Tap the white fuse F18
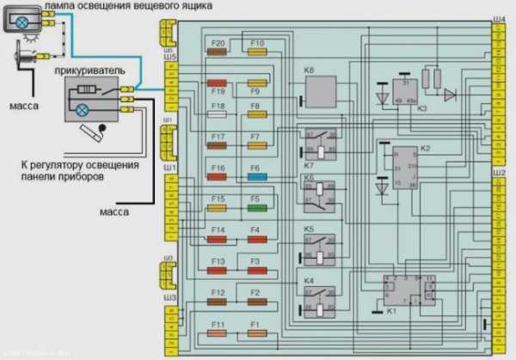tap(218, 113)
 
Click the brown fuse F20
tap(218, 52)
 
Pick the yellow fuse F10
tap(257, 52)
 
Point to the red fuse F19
tap(218, 82)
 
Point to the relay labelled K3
tap(404, 92)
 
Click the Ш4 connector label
tap(500, 19)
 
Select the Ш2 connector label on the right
tap(500, 174)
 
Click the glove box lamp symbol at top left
tap(19, 21)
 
